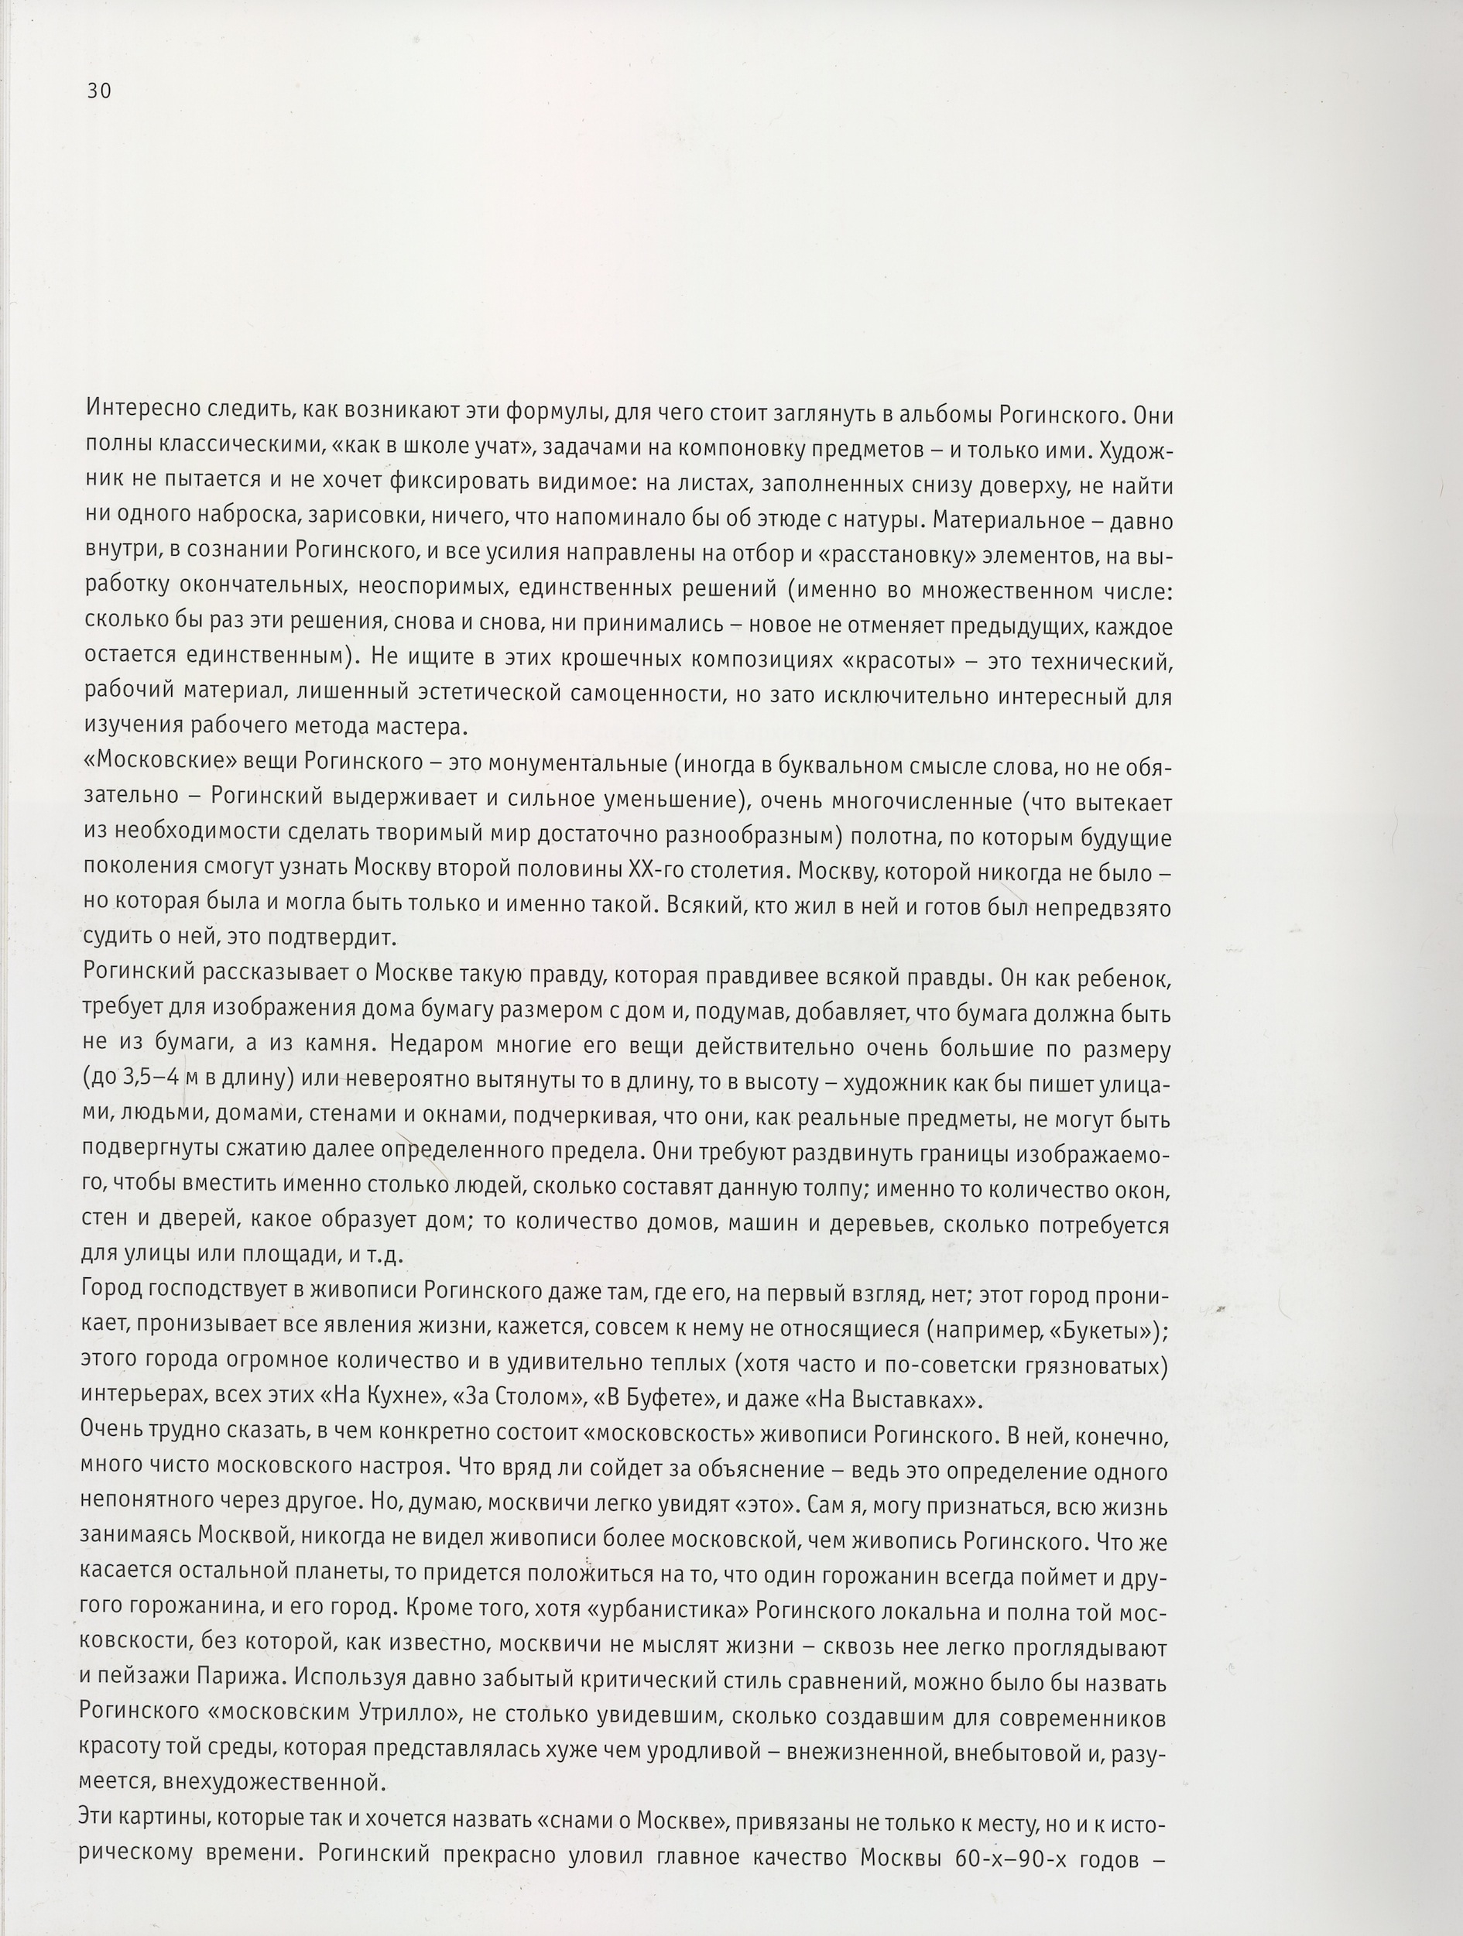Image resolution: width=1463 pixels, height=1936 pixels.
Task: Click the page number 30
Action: [x=99, y=91]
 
